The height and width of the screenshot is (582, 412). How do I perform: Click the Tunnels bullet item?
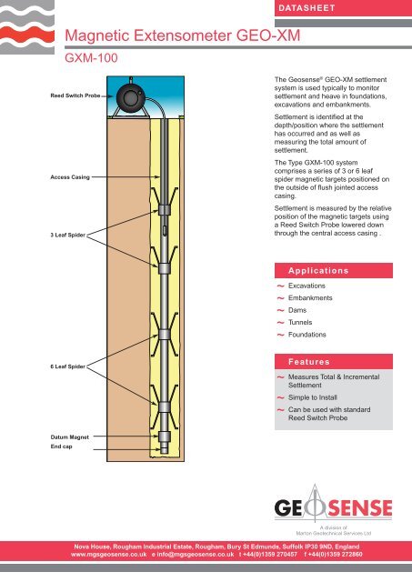click(303, 323)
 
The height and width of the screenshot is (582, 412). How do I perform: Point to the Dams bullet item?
click(301, 310)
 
